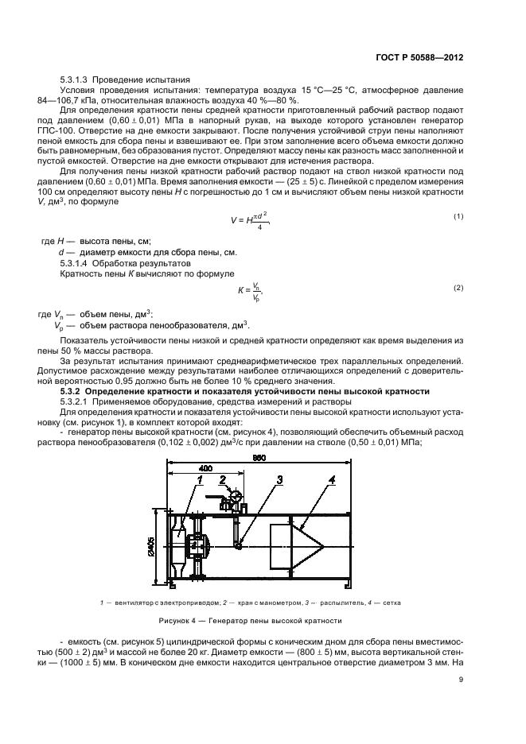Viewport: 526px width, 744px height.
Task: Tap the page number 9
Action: tap(461, 679)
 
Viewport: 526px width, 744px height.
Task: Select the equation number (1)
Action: tap(458, 216)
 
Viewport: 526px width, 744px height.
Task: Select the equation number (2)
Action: tap(458, 287)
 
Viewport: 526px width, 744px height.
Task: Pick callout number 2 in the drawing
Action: tap(224, 479)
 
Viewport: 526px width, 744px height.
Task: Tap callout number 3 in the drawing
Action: tap(257, 479)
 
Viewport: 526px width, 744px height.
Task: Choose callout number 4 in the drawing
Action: tap(333, 479)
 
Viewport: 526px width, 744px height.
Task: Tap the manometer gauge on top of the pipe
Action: tap(235, 499)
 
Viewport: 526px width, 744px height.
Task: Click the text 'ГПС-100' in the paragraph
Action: tap(77, 132)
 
